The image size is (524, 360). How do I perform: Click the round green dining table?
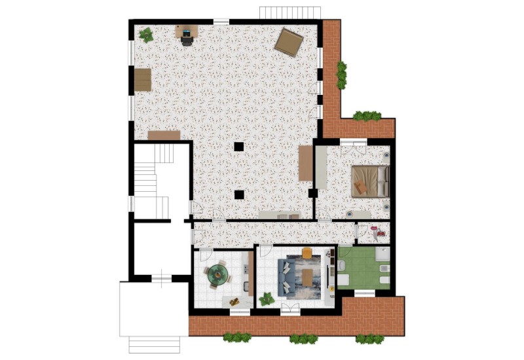pos(217,275)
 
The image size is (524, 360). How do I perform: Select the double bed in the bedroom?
pos(370,181)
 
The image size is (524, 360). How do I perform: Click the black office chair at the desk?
pos(187,40)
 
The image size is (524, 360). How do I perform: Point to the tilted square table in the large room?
pos(288,43)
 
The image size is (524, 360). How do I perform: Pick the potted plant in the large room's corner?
pos(146,35)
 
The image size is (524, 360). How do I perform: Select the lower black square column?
pos(240,194)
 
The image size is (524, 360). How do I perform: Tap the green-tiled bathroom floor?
pos(364,268)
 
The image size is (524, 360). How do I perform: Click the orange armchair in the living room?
pos(307,253)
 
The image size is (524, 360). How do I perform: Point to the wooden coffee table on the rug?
pos(307,278)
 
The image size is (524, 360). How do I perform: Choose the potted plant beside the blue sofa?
pos(267,299)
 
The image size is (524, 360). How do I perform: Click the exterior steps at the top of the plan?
pos(290,13)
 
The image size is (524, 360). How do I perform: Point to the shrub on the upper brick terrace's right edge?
pos(341,75)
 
